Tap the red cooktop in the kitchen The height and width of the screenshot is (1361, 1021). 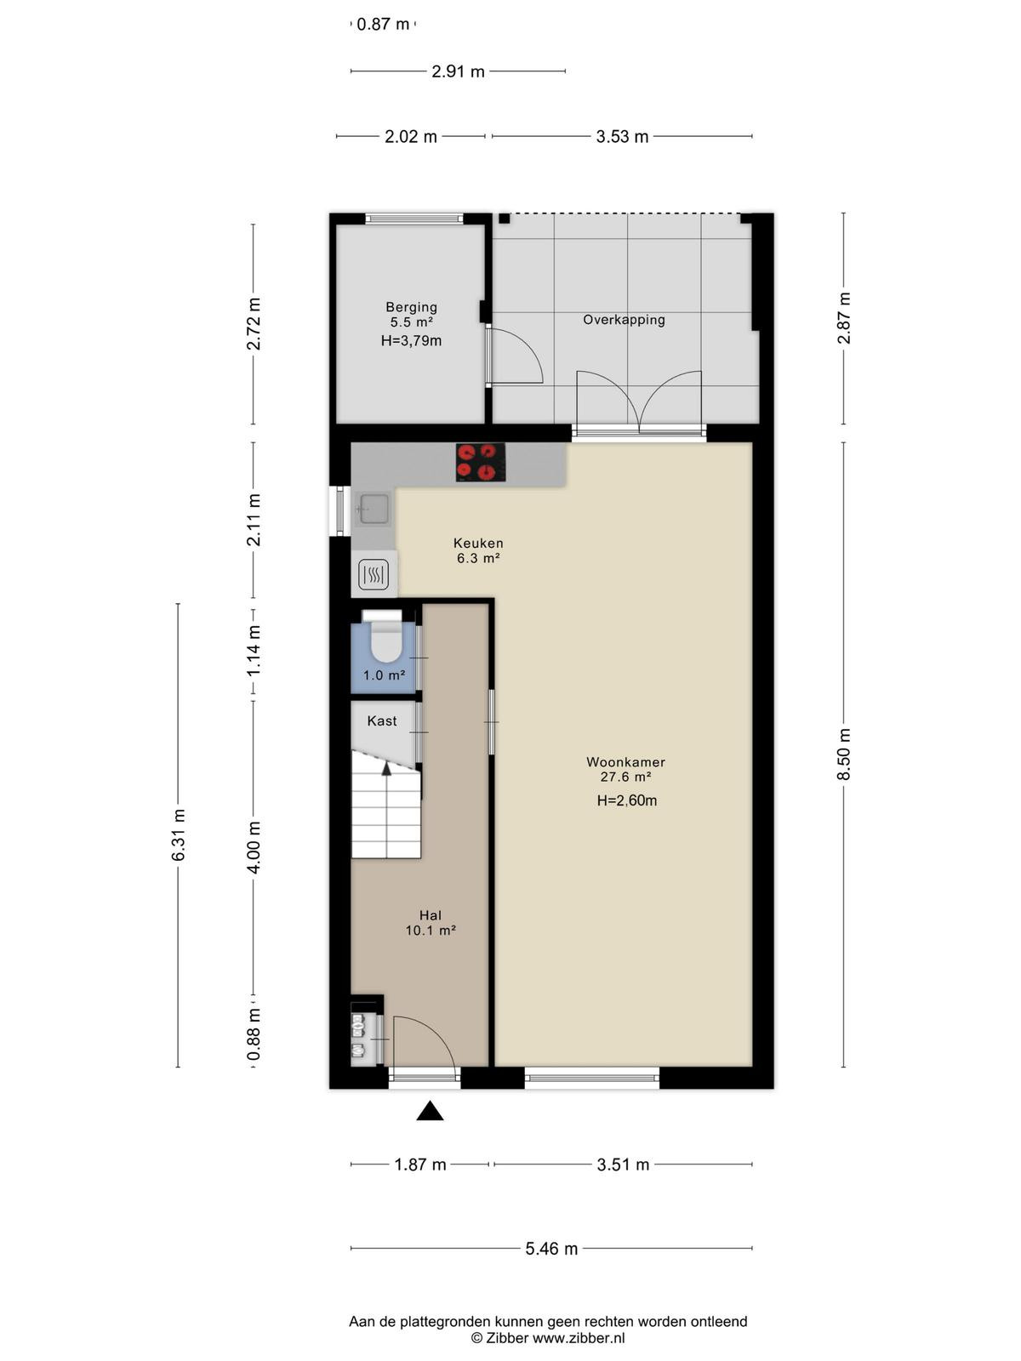point(481,462)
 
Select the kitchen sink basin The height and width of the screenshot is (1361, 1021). point(373,509)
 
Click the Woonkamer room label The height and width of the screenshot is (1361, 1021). point(625,762)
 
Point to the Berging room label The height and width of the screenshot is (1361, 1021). point(411,307)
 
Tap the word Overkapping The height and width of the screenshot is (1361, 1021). point(624,320)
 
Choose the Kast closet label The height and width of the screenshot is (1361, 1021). point(382,720)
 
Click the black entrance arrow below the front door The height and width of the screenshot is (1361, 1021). point(430,1111)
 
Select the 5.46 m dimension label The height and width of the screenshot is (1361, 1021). point(551,1249)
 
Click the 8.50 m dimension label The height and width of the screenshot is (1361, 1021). point(844,755)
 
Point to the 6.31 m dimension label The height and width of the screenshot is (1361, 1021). point(178,834)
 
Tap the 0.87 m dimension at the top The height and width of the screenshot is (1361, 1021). point(383,24)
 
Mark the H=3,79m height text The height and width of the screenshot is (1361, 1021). point(411,340)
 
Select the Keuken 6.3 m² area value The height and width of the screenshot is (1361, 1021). point(478,558)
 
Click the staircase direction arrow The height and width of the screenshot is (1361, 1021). point(387,769)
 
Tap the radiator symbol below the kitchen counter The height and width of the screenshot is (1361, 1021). point(374,575)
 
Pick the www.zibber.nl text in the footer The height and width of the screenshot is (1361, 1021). point(579,1338)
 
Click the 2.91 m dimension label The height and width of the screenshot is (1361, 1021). point(458,72)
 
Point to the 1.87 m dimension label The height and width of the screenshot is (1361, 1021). point(420,1165)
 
